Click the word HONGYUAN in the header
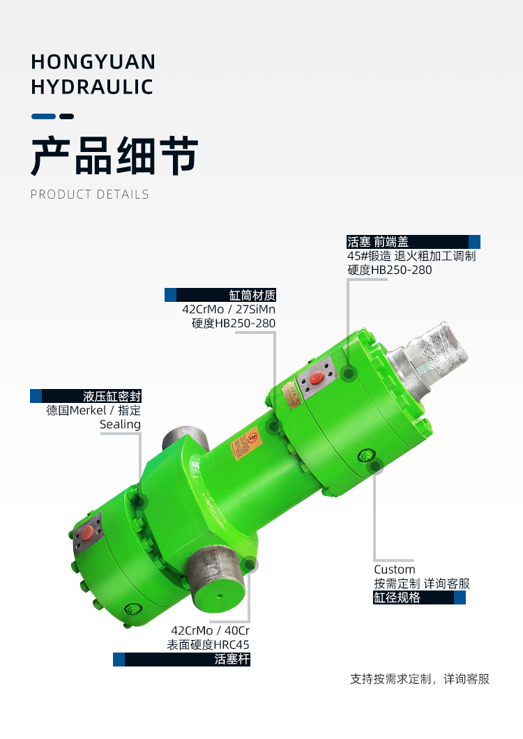[93, 62]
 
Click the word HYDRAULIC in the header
[92, 86]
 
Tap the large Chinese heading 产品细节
[114, 155]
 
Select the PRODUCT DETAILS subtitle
[89, 195]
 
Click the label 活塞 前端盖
[378, 242]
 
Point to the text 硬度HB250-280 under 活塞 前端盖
[390, 270]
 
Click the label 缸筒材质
[252, 295]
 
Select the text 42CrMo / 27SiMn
[229, 309]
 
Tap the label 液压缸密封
[112, 396]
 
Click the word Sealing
[120, 425]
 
